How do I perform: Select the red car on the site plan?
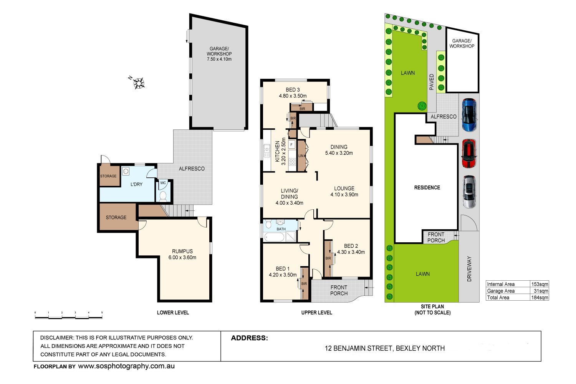coord(468,154)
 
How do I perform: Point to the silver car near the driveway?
coord(469,192)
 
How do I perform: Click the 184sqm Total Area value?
coord(540,298)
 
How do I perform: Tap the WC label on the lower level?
coord(163,183)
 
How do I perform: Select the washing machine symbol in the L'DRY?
coord(126,171)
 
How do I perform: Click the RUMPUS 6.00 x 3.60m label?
coord(182,255)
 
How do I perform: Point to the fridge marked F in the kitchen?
coord(292,145)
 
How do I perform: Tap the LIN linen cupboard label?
coord(301,156)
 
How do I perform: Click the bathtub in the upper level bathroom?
coord(274,237)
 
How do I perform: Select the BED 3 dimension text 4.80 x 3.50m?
coord(293,96)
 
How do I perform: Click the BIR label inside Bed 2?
coord(328,258)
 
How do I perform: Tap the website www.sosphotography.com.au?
coord(126,366)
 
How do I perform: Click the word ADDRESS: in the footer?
coord(249,338)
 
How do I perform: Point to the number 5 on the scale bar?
coord(102,313)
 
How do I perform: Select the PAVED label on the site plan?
coord(432,82)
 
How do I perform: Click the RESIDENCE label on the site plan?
coord(427,188)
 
